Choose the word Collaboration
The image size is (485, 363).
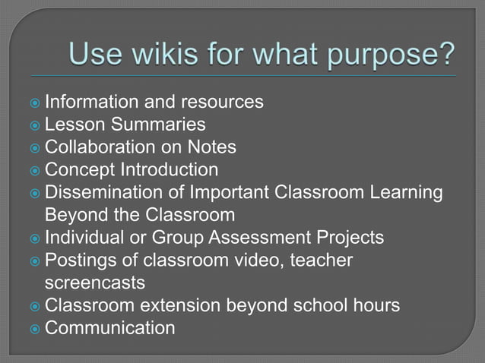click(x=95, y=147)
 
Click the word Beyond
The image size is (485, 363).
click(x=75, y=215)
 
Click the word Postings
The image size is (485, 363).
click(x=79, y=260)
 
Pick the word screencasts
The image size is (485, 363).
click(x=95, y=283)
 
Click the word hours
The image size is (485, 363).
click(x=373, y=306)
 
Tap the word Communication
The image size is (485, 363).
click(x=110, y=329)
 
